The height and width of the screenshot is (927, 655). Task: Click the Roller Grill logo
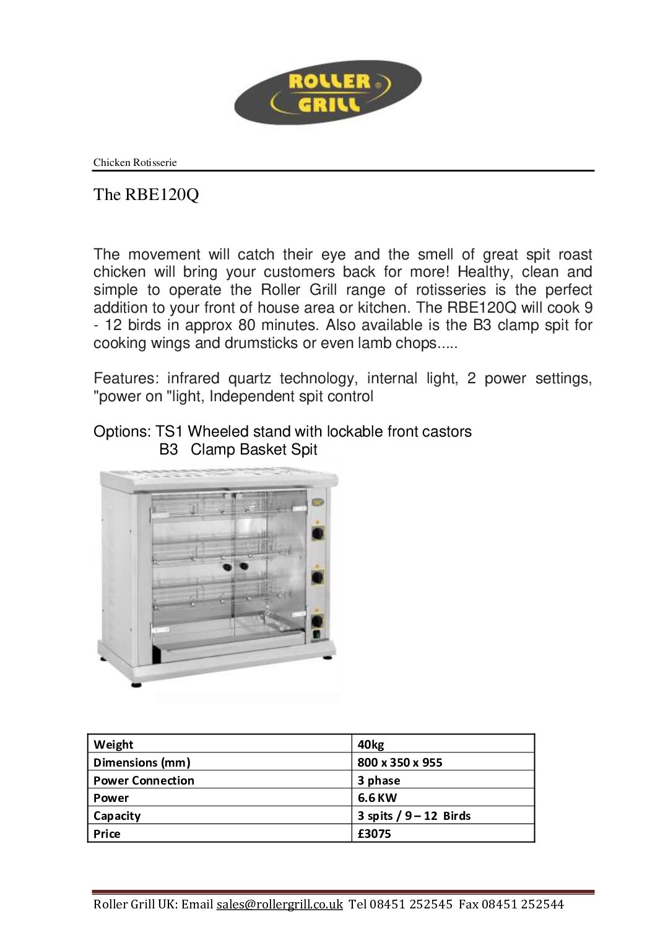pos(327,92)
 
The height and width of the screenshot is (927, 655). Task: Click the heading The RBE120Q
pos(146,194)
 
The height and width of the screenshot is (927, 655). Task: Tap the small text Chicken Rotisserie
pos(135,163)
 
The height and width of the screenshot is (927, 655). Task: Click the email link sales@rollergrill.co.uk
pos(279,904)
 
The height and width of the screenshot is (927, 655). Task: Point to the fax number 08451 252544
pos(523,904)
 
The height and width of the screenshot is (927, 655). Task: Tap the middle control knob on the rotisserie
pos(318,577)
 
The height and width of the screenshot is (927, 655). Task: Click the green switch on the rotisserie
pos(317,633)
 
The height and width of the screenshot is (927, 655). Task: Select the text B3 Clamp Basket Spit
pos(238,450)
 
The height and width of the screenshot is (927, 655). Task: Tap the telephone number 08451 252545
pos(411,904)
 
